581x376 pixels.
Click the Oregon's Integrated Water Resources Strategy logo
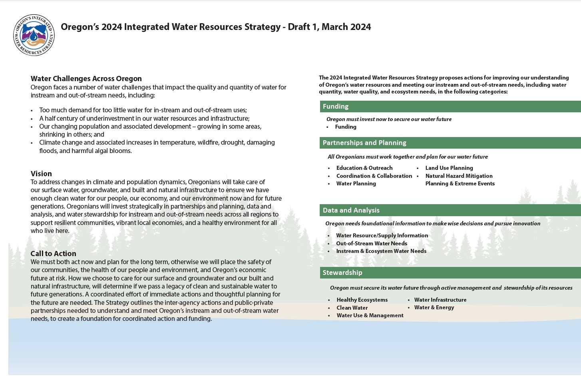(34, 35)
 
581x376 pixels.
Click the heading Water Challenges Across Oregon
(86, 79)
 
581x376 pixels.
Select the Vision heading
(41, 174)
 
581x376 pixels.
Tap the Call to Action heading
(53, 254)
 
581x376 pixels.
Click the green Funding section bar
(450, 107)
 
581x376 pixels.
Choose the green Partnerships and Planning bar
(450, 143)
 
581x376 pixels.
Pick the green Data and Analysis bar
(450, 210)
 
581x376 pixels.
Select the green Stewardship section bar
(450, 273)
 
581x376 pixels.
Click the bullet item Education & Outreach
(364, 168)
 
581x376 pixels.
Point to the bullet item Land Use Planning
(449, 168)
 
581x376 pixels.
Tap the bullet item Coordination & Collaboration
(374, 176)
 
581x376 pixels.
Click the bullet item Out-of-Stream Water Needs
(371, 243)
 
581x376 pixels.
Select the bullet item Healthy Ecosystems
(362, 300)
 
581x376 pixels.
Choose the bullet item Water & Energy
(434, 308)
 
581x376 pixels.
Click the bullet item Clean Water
(352, 308)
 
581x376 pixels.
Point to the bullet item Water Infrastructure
(440, 300)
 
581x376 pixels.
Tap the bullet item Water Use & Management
(370, 316)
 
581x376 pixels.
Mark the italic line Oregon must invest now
(389, 119)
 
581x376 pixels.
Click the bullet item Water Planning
(356, 184)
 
